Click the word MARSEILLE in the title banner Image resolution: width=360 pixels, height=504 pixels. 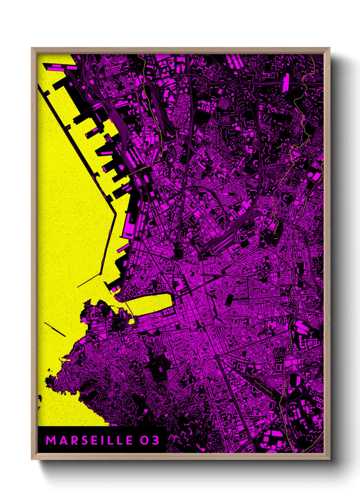click(x=89, y=440)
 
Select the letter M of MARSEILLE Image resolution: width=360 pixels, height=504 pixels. click(x=50, y=440)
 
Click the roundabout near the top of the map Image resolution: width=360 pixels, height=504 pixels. click(x=238, y=82)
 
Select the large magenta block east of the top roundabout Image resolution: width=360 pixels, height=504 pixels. click(x=286, y=82)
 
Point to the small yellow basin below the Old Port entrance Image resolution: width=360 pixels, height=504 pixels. click(x=131, y=320)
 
